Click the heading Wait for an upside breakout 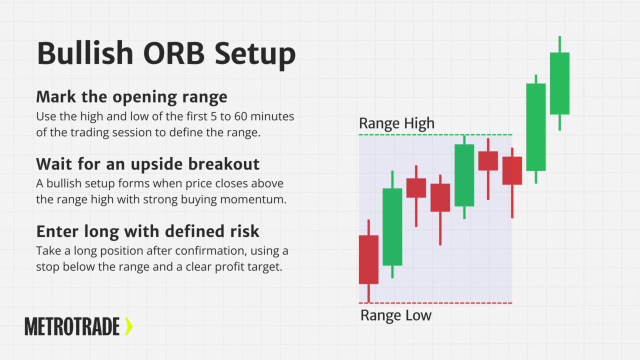147,163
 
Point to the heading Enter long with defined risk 147,231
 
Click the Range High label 396,123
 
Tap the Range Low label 395,315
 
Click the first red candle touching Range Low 368,259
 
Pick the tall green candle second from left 392,226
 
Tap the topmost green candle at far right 559,83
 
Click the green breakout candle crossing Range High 535,127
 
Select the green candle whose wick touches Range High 464,175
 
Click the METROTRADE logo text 72,326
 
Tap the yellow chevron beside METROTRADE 128,326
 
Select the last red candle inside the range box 512,170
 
